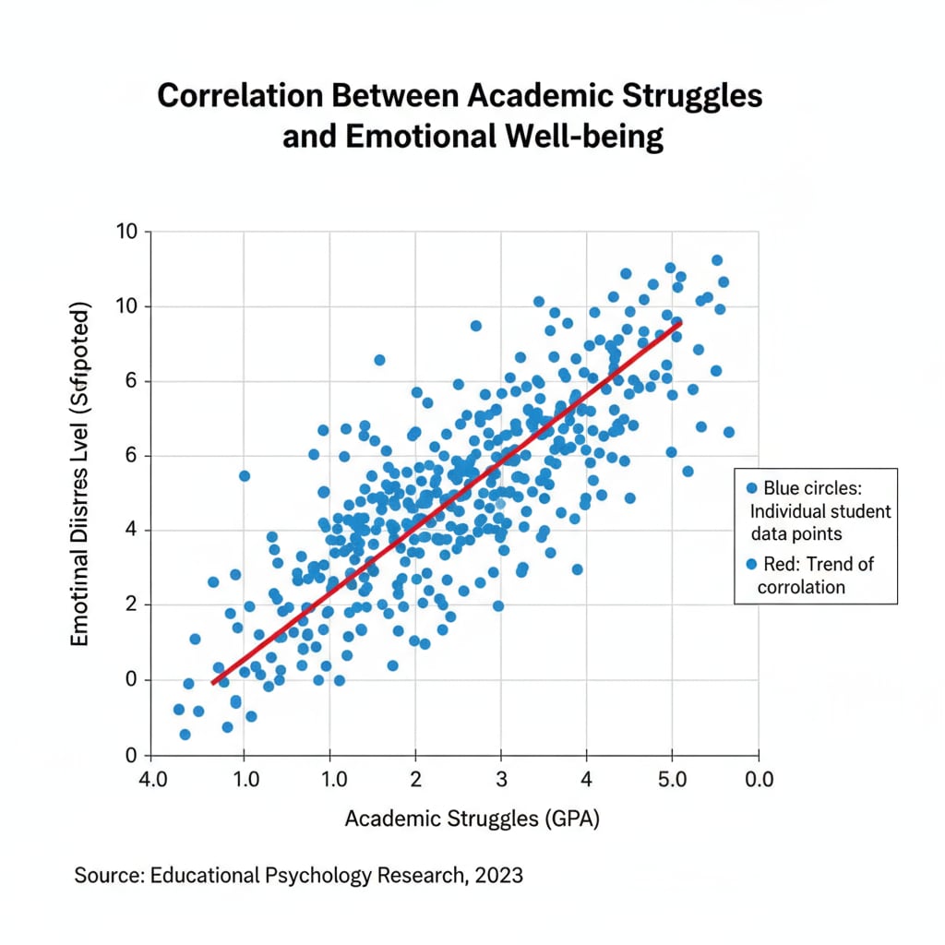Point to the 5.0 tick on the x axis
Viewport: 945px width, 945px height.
tap(672, 778)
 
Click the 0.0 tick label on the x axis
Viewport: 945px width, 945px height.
tap(759, 778)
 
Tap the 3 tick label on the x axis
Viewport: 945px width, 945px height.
tap(501, 778)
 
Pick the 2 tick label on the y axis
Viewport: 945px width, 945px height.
tap(132, 604)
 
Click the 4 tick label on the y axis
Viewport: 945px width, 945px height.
tap(132, 530)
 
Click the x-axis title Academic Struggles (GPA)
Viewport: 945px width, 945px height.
tap(472, 819)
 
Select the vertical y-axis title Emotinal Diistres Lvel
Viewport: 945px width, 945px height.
tap(80, 472)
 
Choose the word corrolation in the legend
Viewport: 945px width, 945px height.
tap(801, 587)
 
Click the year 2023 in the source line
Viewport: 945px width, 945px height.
tap(499, 874)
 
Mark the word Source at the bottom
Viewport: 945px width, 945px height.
tap(104, 874)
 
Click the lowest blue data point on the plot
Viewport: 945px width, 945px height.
tap(185, 735)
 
